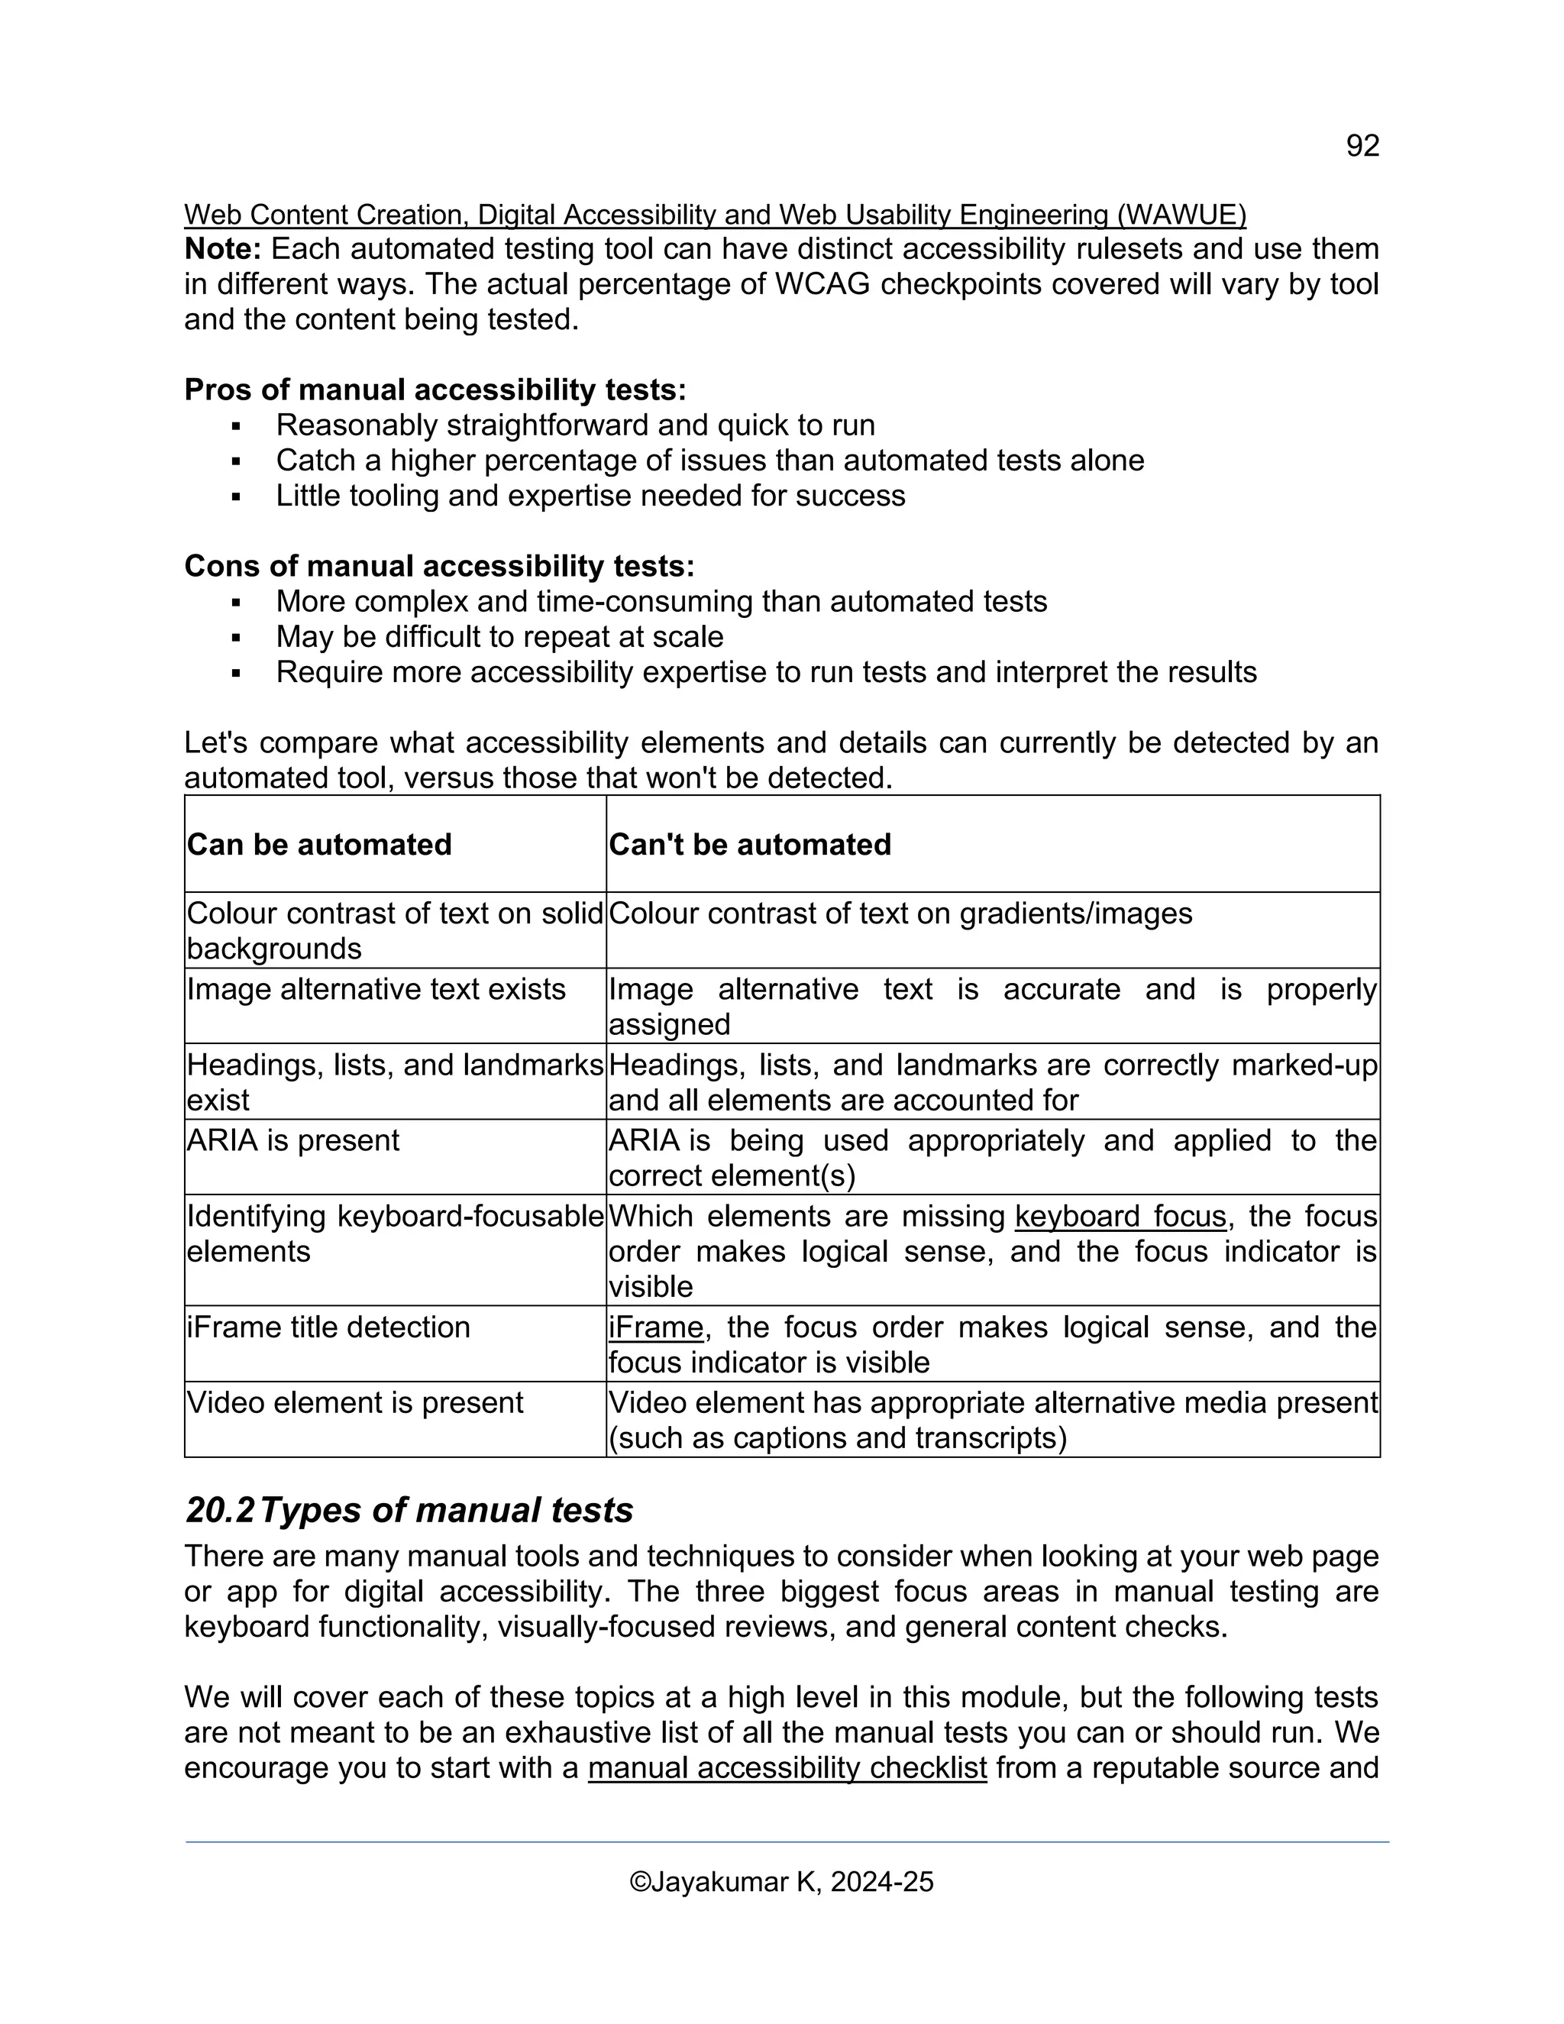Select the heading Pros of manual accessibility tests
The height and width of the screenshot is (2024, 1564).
[x=435, y=390]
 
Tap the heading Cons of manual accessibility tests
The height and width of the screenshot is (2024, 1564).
[x=438, y=566]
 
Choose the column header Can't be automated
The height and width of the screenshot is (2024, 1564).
[x=750, y=844]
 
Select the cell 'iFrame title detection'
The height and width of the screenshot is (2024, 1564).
[x=328, y=1327]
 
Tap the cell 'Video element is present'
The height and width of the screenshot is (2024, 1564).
[x=355, y=1403]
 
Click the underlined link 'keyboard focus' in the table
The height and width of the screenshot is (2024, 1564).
[x=1120, y=1216]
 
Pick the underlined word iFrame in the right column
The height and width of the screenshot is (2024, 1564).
[x=656, y=1327]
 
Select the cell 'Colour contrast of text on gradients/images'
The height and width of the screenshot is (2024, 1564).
[x=900, y=913]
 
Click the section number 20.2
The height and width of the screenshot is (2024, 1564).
[x=220, y=1511]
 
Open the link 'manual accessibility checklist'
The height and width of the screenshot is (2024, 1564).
[x=787, y=1768]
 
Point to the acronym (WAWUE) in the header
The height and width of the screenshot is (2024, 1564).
[x=1181, y=215]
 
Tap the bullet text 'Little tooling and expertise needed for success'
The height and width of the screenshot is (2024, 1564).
[x=590, y=496]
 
